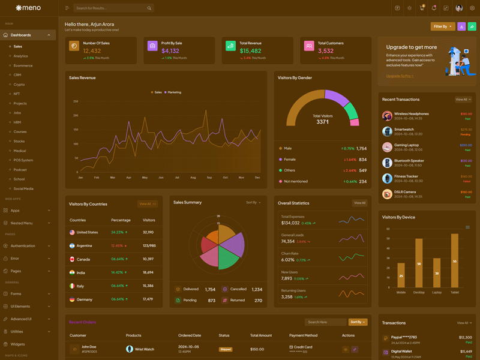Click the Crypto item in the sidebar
[19, 85]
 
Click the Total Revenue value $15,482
[250, 51]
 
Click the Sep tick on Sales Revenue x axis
[209, 178]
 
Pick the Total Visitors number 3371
[323, 122]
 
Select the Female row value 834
[362, 160]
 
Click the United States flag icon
[72, 232]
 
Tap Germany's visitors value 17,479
[148, 299]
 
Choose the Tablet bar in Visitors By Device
[455, 260]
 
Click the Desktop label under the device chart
[419, 292]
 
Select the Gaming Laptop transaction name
[406, 145]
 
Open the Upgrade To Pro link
[400, 76]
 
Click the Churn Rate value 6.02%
[287, 260]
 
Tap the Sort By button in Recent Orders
[358, 322]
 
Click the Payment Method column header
[303, 335]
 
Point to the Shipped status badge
[226, 349]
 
